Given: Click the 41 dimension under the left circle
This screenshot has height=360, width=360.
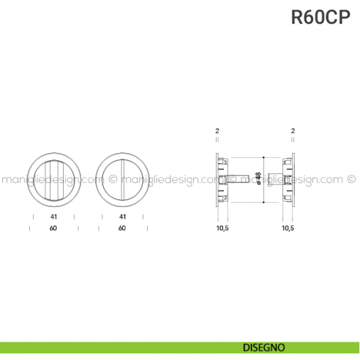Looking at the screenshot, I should click(x=52, y=217).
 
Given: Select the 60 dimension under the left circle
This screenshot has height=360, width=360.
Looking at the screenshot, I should click(x=52, y=228).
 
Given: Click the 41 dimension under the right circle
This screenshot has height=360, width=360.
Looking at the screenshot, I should click(x=122, y=217).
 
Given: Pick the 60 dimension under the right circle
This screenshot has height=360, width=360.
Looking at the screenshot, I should click(x=122, y=228).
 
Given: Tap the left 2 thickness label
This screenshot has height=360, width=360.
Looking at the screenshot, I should click(x=217, y=131).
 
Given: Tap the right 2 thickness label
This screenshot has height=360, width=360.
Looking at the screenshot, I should click(x=293, y=131).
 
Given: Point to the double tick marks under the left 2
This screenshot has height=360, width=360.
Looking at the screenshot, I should click(x=217, y=143).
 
